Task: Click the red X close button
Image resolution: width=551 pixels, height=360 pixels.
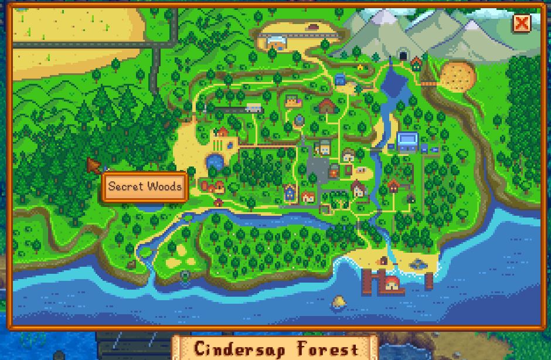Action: pos(521,23)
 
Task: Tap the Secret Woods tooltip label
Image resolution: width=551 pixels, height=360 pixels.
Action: pos(145,187)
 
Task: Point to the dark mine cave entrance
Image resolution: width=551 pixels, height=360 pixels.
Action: pos(402,56)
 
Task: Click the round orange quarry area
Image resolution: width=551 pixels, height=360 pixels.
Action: pos(460,76)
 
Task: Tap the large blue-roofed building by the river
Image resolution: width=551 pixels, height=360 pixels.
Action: pos(407,141)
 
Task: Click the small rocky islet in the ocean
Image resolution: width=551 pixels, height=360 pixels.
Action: pos(338,302)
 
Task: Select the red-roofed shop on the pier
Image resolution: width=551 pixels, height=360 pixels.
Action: pos(392,283)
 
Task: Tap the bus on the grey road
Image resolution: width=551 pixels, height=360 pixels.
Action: pos(253,108)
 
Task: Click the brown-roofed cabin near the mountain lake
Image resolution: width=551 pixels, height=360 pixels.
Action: pos(328,106)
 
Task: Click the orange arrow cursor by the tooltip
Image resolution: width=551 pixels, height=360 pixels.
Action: pos(93,165)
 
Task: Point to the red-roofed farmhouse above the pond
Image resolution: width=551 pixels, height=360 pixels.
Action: pos(222,133)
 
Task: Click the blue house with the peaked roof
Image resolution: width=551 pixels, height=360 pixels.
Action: pos(290,191)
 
